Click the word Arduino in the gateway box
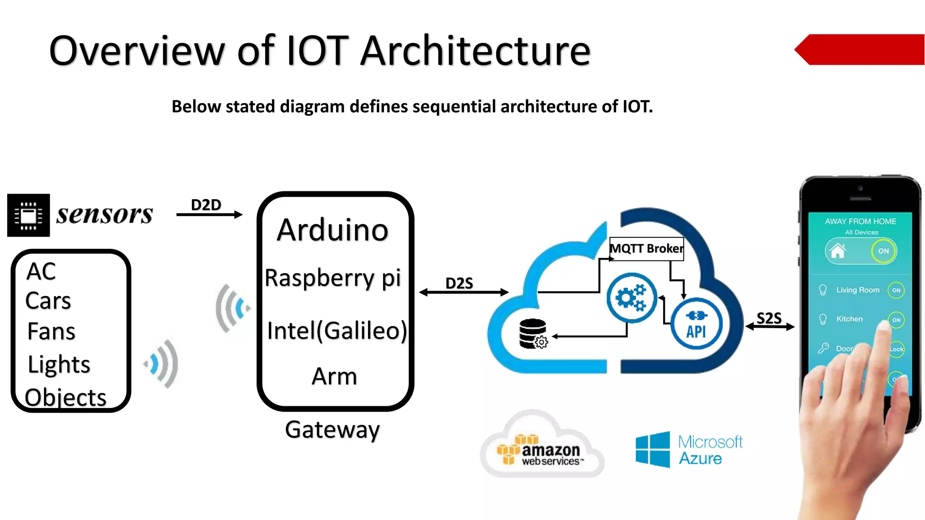point(332,230)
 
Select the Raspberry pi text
point(333,278)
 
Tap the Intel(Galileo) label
point(336,330)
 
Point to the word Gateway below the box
point(332,429)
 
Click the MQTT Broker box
point(646,249)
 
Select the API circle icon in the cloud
point(696,324)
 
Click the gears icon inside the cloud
point(631,297)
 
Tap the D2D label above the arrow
point(206,205)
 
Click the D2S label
point(459,283)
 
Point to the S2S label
point(769,318)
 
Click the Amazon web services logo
point(542,449)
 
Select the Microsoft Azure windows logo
point(653,449)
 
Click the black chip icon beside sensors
point(28,215)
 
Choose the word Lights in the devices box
point(59,364)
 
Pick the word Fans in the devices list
point(51,331)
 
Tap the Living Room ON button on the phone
point(896,290)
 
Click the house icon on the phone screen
point(838,251)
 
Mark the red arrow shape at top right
point(860,50)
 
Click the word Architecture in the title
point(475,51)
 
